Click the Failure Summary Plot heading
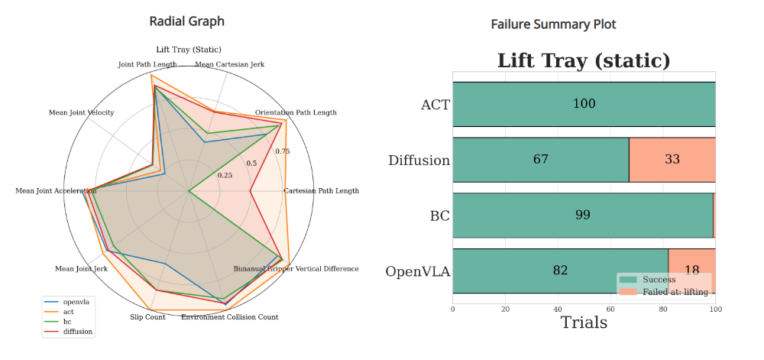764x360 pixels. (553, 24)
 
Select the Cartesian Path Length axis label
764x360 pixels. (321, 190)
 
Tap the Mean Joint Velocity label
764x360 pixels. (81, 112)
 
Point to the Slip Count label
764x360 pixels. (147, 316)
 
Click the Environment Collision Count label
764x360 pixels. (229, 316)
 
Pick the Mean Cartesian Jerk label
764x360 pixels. (230, 64)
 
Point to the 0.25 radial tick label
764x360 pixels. (225, 176)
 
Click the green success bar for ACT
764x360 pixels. (584, 104)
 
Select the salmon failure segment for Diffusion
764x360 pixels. (672, 160)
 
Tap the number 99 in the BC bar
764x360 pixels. (582, 215)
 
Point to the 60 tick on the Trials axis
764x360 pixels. (610, 310)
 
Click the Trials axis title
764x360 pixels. (584, 323)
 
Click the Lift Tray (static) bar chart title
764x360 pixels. (584, 60)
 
